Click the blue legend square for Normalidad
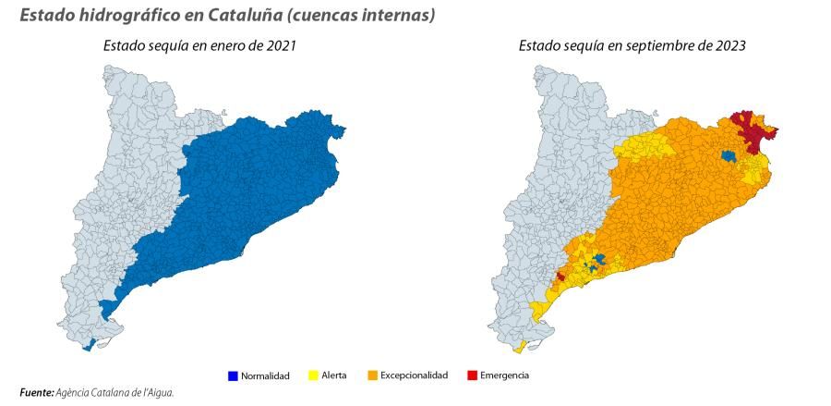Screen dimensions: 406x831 point(233,375)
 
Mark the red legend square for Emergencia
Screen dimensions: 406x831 point(472,375)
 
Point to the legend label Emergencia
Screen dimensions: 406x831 point(504,375)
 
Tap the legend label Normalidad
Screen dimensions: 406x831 point(266,375)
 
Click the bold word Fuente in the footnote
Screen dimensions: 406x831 point(36,393)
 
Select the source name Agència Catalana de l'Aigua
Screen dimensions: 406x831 point(115,393)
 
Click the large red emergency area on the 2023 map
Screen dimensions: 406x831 point(755,134)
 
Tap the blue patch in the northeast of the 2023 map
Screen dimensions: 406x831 point(729,156)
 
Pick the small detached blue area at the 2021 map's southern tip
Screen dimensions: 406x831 point(88,346)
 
